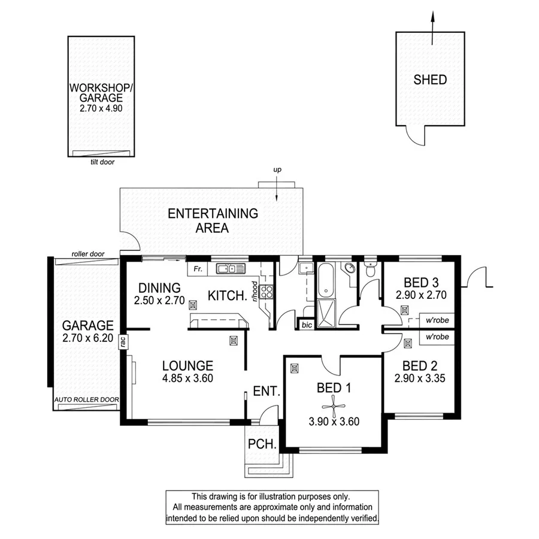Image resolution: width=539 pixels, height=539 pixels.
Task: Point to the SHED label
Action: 430,80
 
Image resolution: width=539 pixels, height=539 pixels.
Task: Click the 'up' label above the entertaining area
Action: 277,171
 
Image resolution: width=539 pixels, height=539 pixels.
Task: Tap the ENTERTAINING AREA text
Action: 213,220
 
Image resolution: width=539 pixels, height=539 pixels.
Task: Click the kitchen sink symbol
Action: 231,269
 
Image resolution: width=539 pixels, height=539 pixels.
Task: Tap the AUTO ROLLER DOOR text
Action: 87,399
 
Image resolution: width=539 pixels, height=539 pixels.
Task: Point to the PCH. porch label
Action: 262,445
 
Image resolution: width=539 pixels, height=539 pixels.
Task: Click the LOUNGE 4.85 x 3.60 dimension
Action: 188,378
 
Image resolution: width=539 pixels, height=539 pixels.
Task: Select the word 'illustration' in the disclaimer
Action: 274,496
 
